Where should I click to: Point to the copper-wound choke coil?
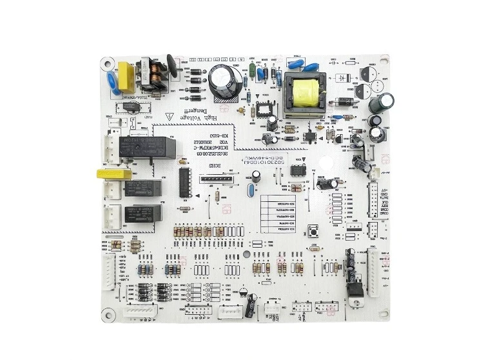point(153,74)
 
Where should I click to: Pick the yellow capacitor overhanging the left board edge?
point(113,174)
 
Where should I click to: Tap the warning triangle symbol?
point(169,117)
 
